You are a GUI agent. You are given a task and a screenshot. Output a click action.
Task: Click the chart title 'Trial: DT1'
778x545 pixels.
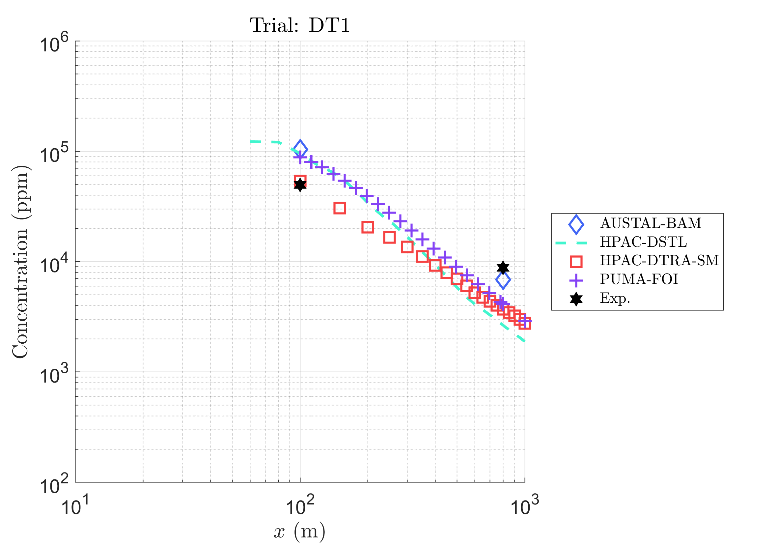pyautogui.click(x=299, y=25)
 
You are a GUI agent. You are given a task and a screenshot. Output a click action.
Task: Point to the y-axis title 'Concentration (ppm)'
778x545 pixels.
pyautogui.click(x=21, y=262)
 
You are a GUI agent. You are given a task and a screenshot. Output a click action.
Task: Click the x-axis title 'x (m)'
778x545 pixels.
pyautogui.click(x=299, y=531)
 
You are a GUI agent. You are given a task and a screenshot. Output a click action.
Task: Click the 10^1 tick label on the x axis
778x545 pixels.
pyautogui.click(x=75, y=505)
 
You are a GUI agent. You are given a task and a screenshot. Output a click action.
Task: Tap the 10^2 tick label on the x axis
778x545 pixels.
pyautogui.click(x=300, y=505)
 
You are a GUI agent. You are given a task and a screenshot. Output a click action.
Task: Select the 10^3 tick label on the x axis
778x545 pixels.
pyautogui.click(x=524, y=505)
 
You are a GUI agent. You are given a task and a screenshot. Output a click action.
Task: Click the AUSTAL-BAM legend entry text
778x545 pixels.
pyautogui.click(x=651, y=223)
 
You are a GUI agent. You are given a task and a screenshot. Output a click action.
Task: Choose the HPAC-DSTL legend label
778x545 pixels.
pyautogui.click(x=643, y=242)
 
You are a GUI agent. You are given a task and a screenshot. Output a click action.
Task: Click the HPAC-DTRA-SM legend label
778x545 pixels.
pyautogui.click(x=659, y=261)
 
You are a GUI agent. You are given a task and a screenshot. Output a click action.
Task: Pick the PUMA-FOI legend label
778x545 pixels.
pyautogui.click(x=639, y=279)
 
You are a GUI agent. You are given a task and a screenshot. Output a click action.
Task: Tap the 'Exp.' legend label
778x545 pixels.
pyautogui.click(x=615, y=298)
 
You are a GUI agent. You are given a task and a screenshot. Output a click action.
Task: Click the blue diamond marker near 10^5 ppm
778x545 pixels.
pyautogui.click(x=300, y=149)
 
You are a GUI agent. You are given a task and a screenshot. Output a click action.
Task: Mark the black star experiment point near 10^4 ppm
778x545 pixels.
pyautogui.click(x=503, y=268)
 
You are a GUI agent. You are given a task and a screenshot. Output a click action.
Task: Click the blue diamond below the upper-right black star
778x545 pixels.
pyautogui.click(x=503, y=280)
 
